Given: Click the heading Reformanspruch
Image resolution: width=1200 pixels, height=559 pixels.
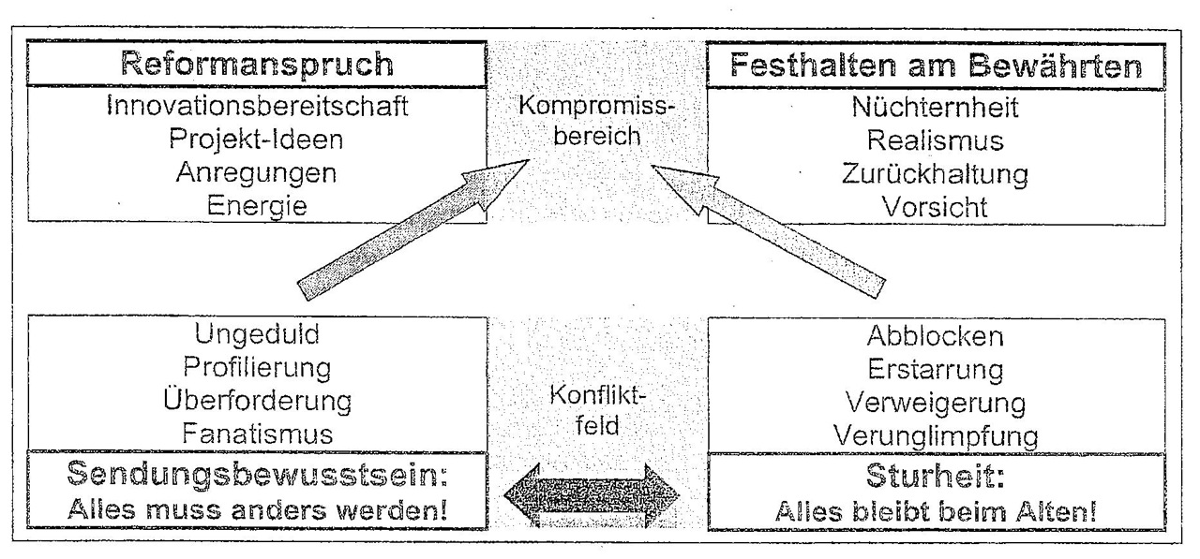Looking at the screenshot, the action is click(x=257, y=66).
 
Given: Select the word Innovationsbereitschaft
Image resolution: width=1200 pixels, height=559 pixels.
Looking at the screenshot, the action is click(x=257, y=106).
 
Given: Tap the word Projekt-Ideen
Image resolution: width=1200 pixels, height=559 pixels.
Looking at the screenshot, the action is click(x=256, y=140).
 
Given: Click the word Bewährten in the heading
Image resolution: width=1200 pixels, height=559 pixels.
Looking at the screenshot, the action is click(x=1056, y=66).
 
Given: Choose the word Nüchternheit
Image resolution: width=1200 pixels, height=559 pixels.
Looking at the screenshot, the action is click(x=935, y=107).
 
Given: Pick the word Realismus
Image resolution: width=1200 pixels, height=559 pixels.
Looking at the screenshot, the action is click(x=935, y=140).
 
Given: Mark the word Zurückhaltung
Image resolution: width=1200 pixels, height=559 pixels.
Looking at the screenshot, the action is click(x=935, y=175).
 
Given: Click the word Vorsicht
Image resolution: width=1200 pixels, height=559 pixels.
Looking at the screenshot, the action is click(x=935, y=208).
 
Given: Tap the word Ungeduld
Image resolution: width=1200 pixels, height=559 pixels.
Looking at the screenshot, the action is click(x=257, y=335).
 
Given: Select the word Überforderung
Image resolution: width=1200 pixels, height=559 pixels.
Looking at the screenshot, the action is click(x=257, y=401).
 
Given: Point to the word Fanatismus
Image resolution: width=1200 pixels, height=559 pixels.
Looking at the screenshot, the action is click(x=257, y=434).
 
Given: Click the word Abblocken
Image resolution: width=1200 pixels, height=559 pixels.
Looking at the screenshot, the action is click(x=935, y=336).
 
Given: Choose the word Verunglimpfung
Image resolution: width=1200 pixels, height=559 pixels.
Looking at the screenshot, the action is click(x=936, y=437).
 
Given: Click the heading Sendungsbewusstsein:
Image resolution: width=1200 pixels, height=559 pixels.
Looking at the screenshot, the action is click(x=257, y=475).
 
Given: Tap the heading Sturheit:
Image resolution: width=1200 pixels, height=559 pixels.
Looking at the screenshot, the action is click(x=936, y=476).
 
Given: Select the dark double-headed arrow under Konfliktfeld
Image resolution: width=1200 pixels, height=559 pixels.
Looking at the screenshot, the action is click(x=592, y=495).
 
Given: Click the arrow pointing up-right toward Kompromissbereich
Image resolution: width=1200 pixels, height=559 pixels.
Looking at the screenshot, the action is click(x=413, y=229).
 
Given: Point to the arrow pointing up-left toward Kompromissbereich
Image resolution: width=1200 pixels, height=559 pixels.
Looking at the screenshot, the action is click(x=768, y=231).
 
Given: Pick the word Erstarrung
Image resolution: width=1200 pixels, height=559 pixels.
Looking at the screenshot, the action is click(x=935, y=370).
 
